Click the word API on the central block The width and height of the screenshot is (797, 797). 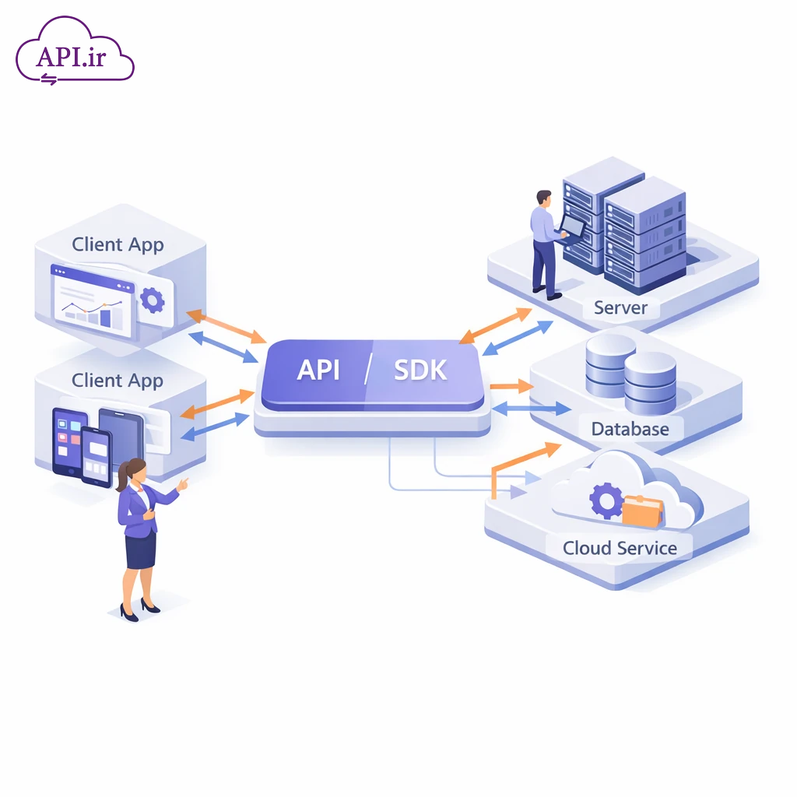pos(318,370)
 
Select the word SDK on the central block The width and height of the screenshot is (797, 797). pos(420,370)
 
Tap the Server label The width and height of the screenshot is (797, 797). pos(620,307)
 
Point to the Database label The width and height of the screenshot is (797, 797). pos(630,429)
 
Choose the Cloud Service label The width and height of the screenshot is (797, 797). pos(620,548)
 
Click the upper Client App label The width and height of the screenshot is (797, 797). pos(118,244)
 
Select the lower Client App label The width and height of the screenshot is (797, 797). pos(118,381)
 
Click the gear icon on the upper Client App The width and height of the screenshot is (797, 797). pos(151,299)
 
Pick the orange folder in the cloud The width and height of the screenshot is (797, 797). pos(642,511)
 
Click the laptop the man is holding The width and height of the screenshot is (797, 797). pos(572,226)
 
